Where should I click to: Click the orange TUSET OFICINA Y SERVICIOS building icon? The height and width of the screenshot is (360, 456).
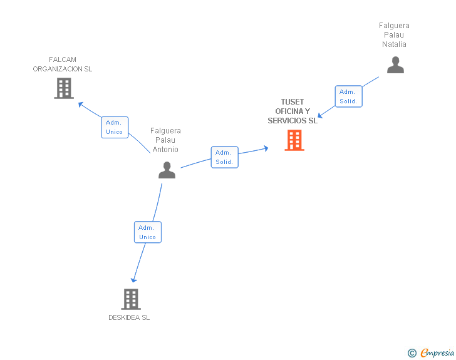click(294, 140)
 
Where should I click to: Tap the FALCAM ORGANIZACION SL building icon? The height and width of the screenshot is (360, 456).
click(63, 88)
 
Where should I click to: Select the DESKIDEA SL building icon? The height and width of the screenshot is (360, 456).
click(130, 299)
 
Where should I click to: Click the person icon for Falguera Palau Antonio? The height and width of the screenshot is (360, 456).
click(167, 170)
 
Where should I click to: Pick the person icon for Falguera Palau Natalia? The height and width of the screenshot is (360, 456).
click(395, 65)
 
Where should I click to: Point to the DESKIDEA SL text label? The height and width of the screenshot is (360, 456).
click(129, 317)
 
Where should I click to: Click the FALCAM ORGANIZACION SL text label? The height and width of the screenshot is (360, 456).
click(63, 64)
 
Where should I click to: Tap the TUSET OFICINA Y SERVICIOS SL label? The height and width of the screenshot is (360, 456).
click(293, 111)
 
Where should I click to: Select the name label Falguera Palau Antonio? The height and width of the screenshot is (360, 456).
click(165, 140)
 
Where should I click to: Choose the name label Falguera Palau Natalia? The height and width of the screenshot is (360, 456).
click(394, 35)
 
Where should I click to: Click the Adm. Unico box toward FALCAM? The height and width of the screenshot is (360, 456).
click(115, 127)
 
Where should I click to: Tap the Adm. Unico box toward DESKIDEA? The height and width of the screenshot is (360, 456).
click(147, 232)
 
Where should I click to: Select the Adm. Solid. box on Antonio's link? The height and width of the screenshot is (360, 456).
click(224, 157)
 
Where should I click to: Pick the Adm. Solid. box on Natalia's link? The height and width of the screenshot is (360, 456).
click(348, 96)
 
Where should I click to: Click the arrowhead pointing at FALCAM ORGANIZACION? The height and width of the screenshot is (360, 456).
click(80, 103)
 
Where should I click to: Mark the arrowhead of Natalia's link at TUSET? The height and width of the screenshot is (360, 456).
click(319, 115)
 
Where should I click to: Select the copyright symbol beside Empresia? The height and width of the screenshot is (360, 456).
click(412, 353)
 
